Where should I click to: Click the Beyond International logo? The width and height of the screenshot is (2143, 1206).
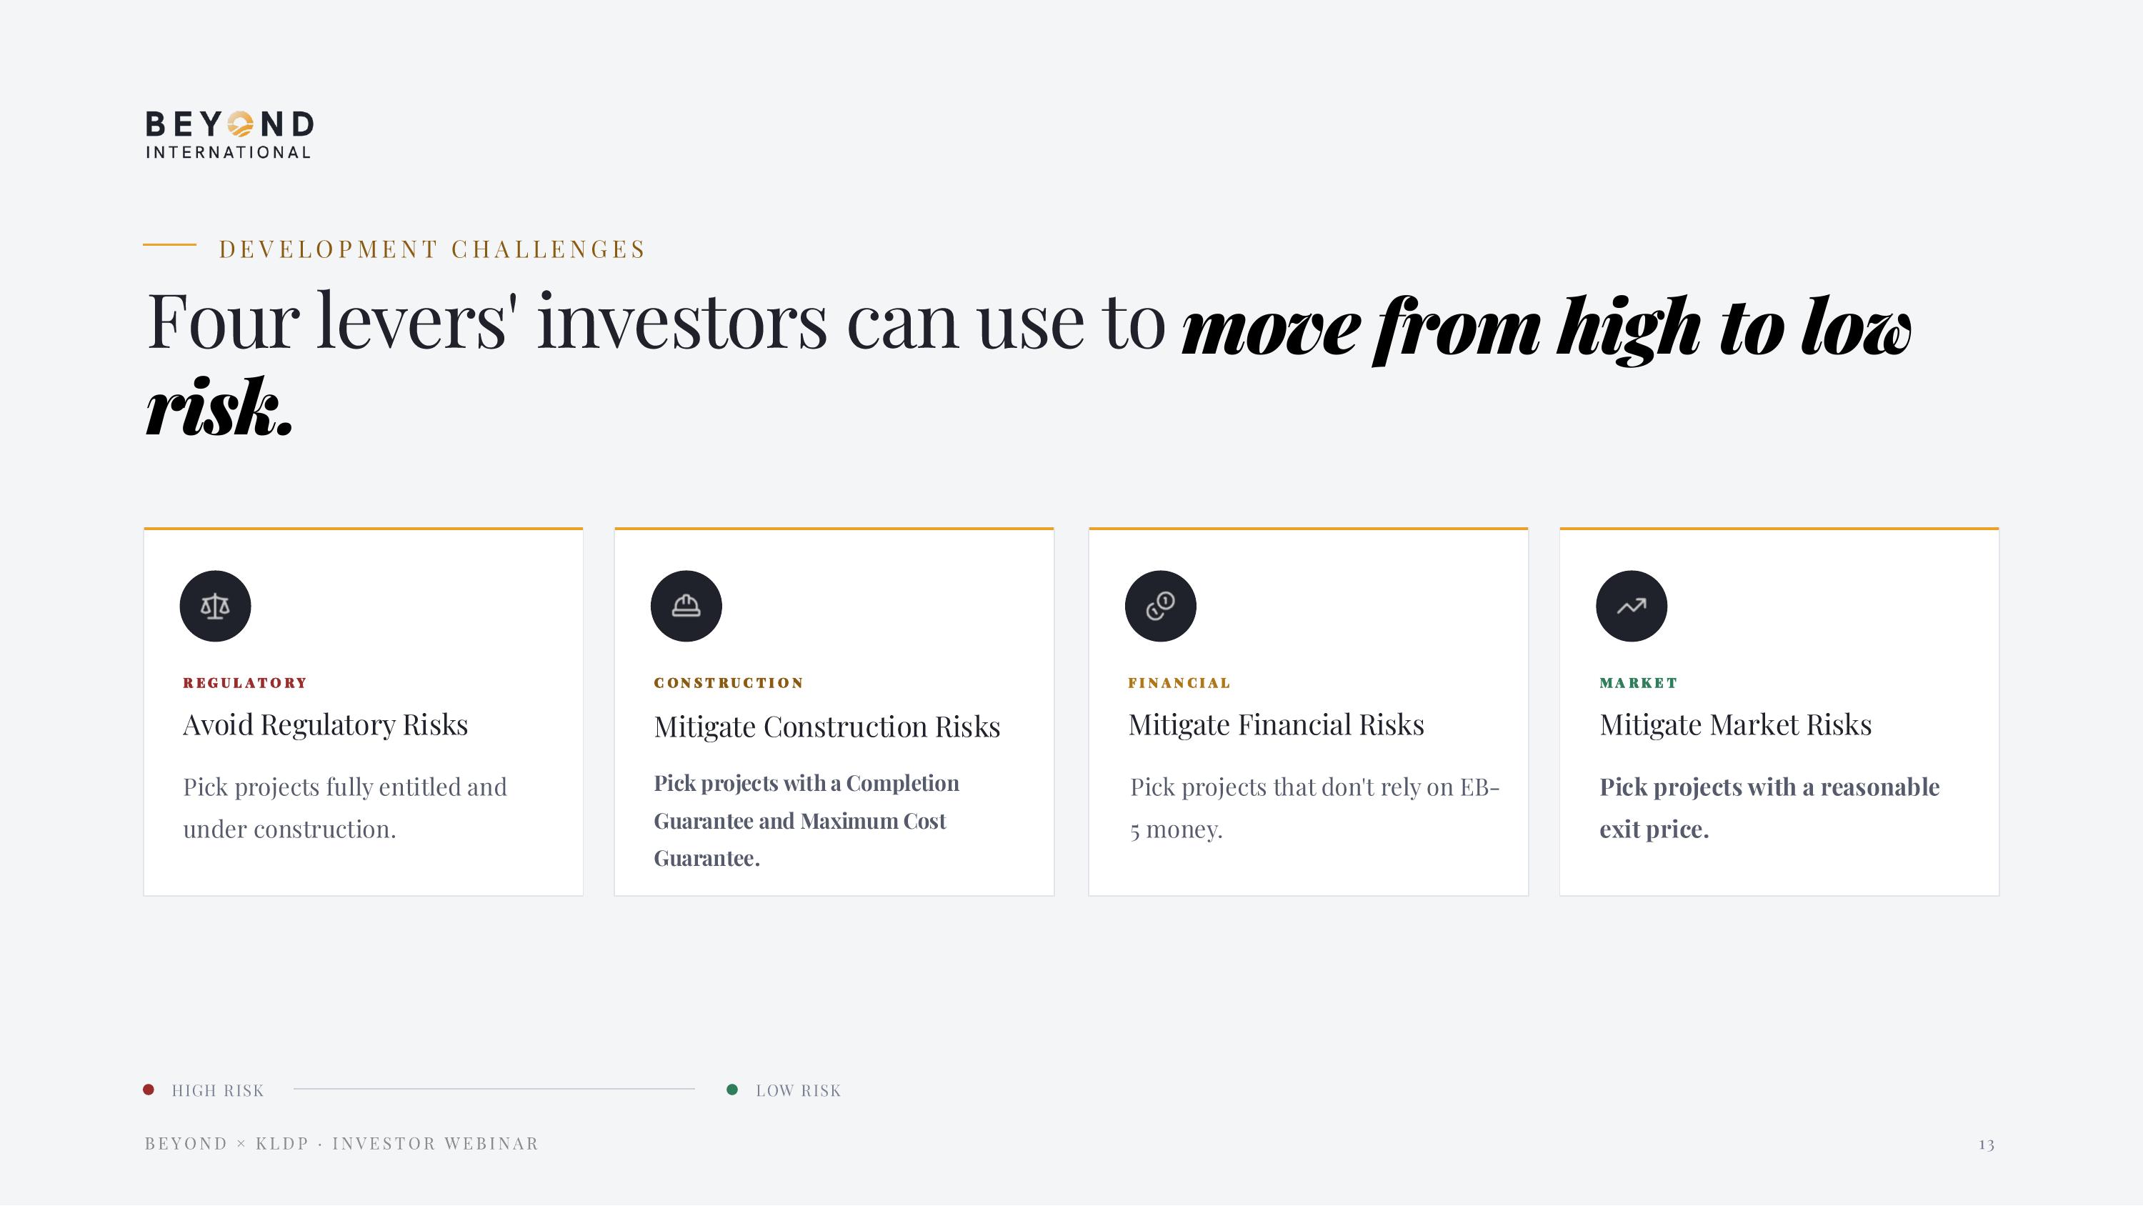pyautogui.click(x=229, y=134)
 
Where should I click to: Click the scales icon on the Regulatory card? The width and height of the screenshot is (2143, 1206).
pyautogui.click(x=214, y=606)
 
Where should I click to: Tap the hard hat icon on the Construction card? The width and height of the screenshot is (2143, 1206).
pyautogui.click(x=686, y=606)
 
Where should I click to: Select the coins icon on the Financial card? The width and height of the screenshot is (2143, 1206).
pyautogui.click(x=1159, y=606)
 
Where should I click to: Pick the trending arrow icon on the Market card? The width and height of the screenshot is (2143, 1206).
pyautogui.click(x=1631, y=606)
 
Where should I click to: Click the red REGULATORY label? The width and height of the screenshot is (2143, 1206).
pyautogui.click(x=244, y=683)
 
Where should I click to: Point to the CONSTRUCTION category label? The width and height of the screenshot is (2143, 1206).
pyautogui.click(x=728, y=683)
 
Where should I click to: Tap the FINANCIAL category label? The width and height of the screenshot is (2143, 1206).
pyautogui.click(x=1178, y=683)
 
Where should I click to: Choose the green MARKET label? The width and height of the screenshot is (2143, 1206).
pyautogui.click(x=1637, y=683)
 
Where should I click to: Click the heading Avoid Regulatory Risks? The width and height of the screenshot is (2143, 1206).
pyautogui.click(x=325, y=725)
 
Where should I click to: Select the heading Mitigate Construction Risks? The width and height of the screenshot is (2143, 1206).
pyautogui.click(x=826, y=727)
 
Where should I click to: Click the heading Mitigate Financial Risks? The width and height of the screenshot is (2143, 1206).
pyautogui.click(x=1275, y=725)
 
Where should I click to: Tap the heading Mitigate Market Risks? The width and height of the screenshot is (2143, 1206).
pyautogui.click(x=1734, y=725)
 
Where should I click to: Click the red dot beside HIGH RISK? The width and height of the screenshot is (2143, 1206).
pyautogui.click(x=149, y=1090)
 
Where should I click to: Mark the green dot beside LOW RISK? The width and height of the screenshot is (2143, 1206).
pyautogui.click(x=732, y=1090)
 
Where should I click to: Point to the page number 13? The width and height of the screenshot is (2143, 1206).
pyautogui.click(x=1986, y=1145)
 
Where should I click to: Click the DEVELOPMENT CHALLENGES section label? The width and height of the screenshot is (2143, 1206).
pyautogui.click(x=431, y=249)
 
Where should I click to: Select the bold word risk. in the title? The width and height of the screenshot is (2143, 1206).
pyautogui.click(x=219, y=409)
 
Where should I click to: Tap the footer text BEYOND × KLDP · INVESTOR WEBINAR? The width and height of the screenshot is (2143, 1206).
pyautogui.click(x=341, y=1144)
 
